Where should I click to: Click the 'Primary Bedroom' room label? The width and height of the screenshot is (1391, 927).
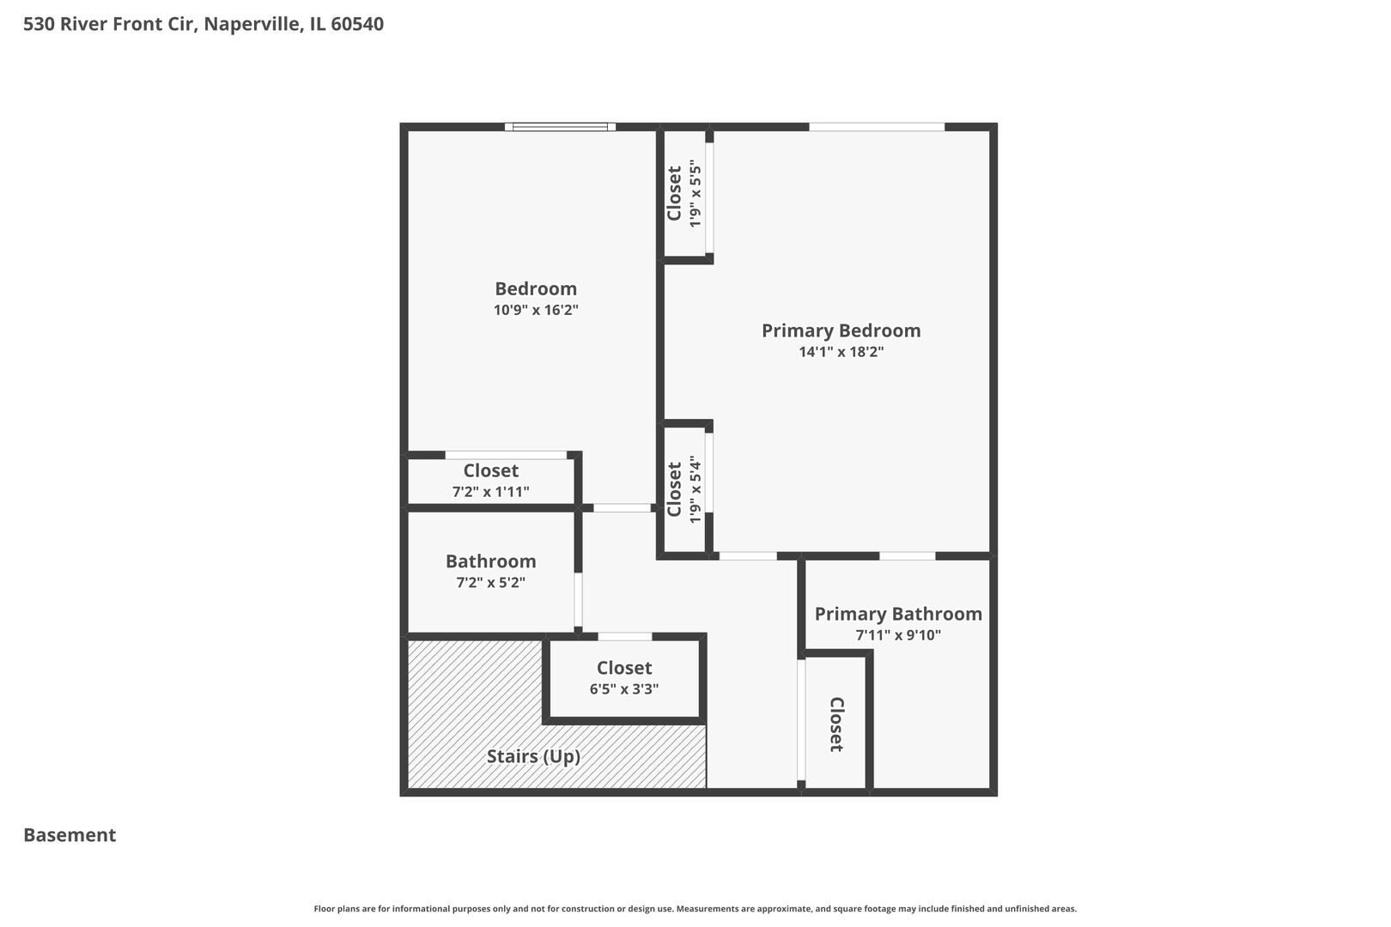(x=841, y=330)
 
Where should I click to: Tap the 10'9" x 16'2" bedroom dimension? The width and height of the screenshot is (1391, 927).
(x=536, y=310)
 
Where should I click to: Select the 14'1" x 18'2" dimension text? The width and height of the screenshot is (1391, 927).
(x=841, y=352)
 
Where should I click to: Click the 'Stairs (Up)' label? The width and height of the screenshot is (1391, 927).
(x=533, y=756)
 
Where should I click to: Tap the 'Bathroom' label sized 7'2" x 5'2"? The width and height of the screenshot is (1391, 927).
(x=490, y=561)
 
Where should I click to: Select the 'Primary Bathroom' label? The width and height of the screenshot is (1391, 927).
(x=898, y=614)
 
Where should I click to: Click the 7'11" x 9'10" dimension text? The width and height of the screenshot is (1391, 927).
(x=898, y=635)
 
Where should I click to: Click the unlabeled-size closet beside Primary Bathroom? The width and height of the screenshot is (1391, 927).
(x=835, y=724)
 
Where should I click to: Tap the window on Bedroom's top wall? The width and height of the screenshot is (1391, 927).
(x=560, y=127)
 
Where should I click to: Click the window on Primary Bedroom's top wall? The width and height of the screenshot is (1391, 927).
(x=877, y=127)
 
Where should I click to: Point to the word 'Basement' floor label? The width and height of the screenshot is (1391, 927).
(x=70, y=835)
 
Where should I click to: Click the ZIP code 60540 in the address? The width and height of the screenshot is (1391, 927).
(x=357, y=24)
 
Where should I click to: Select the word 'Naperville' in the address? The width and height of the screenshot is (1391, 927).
(x=252, y=24)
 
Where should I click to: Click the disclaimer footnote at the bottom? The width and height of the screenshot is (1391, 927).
(x=695, y=908)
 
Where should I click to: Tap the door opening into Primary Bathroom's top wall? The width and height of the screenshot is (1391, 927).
(x=907, y=556)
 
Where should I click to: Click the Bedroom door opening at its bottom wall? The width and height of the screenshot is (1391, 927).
(x=622, y=508)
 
